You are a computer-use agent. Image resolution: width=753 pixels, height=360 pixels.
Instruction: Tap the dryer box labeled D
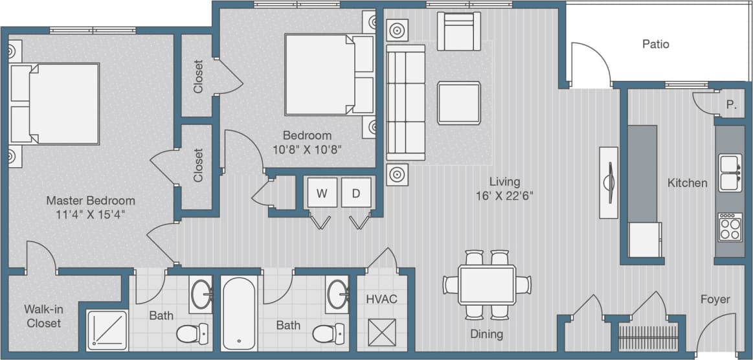pyautogui.click(x=355, y=192)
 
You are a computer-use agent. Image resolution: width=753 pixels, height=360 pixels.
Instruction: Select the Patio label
pyautogui.click(x=655, y=44)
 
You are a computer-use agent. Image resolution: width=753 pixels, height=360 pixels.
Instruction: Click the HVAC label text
pyautogui.click(x=381, y=298)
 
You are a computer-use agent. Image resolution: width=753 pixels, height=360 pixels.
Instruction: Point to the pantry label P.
pyautogui.click(x=730, y=105)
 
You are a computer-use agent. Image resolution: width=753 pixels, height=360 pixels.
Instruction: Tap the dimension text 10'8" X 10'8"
pyautogui.click(x=307, y=149)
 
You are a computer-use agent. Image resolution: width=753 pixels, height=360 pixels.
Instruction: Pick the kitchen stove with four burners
pyautogui.click(x=730, y=227)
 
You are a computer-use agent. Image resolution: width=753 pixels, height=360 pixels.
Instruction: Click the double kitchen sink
pyautogui.click(x=730, y=172)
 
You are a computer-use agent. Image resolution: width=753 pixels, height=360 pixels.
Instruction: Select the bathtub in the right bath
pyautogui.click(x=239, y=313)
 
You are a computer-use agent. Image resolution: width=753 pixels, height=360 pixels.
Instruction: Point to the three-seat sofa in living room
pyautogui.click(x=405, y=102)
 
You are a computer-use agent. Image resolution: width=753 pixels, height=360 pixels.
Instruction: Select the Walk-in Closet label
pyautogui.click(x=43, y=315)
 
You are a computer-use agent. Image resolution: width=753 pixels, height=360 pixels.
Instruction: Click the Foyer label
pyautogui.click(x=715, y=299)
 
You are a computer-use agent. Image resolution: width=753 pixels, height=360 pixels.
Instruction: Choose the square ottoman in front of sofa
pyautogui.click(x=458, y=102)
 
